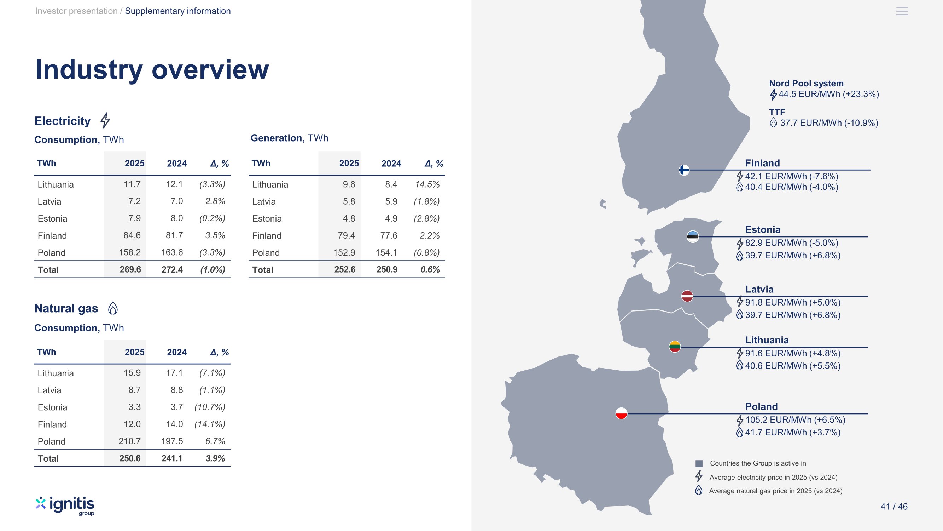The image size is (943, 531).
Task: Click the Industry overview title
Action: (152, 70)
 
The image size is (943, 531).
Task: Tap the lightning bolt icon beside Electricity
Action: (105, 120)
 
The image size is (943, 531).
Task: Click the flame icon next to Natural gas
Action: (113, 308)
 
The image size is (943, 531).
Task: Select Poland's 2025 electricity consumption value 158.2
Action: (130, 252)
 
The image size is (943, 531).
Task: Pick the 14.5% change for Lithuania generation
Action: (427, 184)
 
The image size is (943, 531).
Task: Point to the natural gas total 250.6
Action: (130, 458)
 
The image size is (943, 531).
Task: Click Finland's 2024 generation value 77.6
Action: (389, 235)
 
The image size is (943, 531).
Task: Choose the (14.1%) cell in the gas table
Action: (210, 424)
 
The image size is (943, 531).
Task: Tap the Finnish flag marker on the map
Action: (684, 170)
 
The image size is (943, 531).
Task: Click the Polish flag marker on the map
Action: (621, 413)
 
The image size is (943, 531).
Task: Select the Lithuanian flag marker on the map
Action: (675, 347)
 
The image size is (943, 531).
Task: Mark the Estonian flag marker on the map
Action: (693, 236)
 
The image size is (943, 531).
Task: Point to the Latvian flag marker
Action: (687, 296)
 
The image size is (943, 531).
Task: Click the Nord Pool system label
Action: (806, 84)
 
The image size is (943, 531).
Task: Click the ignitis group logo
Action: (65, 506)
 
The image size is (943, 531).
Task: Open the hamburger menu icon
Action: (902, 11)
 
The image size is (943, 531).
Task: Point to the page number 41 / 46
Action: (894, 507)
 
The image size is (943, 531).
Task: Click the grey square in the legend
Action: (699, 464)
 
